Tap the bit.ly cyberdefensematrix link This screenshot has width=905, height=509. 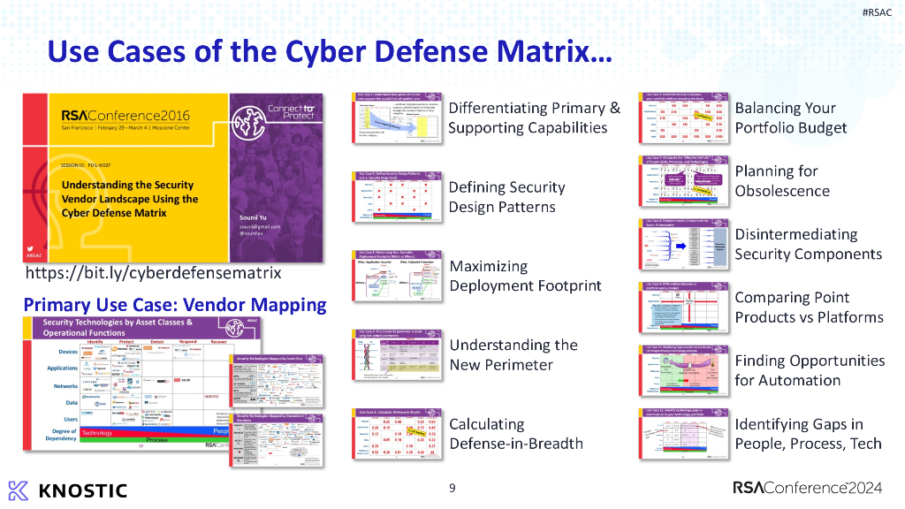click(x=153, y=273)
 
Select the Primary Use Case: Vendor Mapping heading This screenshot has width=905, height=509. click(x=175, y=305)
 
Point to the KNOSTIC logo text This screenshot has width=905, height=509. click(x=68, y=490)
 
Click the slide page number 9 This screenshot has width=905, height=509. click(x=452, y=488)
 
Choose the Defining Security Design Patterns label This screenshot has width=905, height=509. click(x=506, y=197)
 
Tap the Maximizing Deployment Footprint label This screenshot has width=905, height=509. click(x=525, y=276)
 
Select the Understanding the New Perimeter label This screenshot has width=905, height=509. click(x=513, y=354)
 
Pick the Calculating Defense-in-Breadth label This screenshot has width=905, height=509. click(x=515, y=433)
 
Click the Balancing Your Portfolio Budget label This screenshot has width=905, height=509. click(x=790, y=118)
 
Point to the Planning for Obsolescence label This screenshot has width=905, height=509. click(x=782, y=181)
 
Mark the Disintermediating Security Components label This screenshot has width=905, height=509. click(x=808, y=244)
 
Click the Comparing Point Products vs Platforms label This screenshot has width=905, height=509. click(x=809, y=308)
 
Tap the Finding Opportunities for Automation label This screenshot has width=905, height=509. click(x=810, y=370)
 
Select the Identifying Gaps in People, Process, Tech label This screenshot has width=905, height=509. click(x=808, y=434)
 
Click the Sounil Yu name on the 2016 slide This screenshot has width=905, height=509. click(x=257, y=217)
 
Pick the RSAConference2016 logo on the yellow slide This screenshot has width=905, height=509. click(x=125, y=116)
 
